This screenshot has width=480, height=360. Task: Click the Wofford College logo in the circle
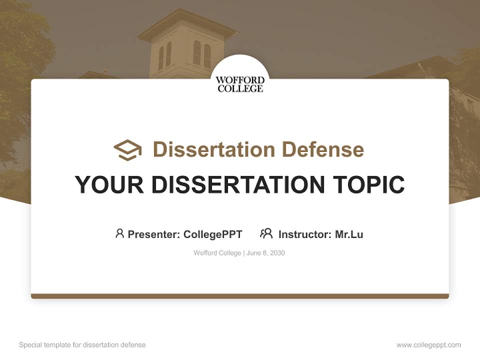click(240, 84)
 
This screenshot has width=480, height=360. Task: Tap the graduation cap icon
click(127, 150)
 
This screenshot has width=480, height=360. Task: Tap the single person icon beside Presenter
click(119, 233)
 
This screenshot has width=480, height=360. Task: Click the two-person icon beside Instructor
click(266, 233)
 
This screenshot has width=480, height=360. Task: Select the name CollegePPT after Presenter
click(213, 234)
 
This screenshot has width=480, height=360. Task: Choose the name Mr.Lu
click(349, 234)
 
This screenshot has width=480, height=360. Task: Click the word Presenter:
click(154, 234)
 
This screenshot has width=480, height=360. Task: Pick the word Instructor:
click(305, 234)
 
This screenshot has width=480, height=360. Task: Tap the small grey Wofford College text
click(217, 253)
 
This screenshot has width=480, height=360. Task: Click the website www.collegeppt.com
click(428, 345)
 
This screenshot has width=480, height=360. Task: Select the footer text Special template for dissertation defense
click(82, 345)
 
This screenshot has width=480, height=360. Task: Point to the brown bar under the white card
click(240, 296)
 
